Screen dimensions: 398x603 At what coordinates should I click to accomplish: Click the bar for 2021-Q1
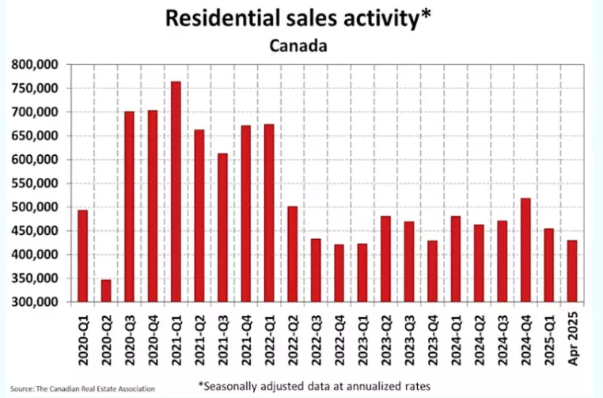tap(176, 192)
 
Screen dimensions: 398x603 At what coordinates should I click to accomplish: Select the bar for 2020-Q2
tap(105, 290)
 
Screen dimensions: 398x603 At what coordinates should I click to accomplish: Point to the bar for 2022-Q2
tap(293, 254)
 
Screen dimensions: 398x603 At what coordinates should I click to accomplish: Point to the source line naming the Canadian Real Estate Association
tap(82, 389)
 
